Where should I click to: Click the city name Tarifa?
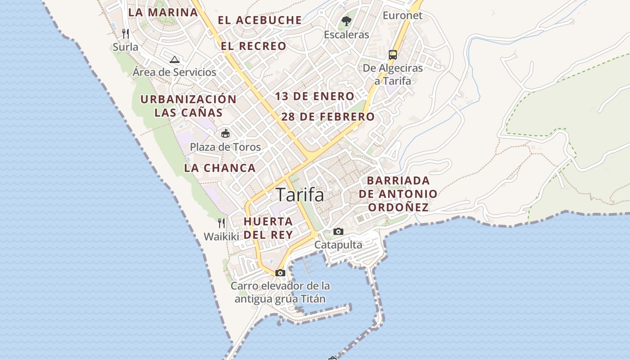click(x=300, y=195)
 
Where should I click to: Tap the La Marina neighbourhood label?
click(x=163, y=12)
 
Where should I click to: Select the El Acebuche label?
click(x=260, y=20)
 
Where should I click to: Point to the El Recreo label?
click(x=253, y=46)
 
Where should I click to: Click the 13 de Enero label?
click(x=315, y=96)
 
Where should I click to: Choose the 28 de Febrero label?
click(x=328, y=117)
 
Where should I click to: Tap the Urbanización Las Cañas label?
click(x=189, y=106)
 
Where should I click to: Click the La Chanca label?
click(x=220, y=168)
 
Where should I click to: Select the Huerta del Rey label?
click(x=268, y=228)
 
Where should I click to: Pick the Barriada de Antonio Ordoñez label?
click(x=398, y=194)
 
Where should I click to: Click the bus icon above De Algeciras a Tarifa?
click(x=393, y=55)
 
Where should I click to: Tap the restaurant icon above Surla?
click(x=126, y=34)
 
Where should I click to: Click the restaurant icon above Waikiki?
click(x=221, y=223)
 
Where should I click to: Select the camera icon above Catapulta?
click(x=338, y=232)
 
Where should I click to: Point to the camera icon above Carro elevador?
click(x=280, y=273)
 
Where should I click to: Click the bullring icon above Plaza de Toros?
click(x=225, y=133)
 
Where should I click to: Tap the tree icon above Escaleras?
click(x=346, y=21)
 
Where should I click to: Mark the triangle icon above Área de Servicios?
click(x=175, y=59)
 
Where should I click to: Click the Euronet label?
click(x=402, y=15)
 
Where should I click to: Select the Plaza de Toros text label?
click(x=225, y=147)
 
